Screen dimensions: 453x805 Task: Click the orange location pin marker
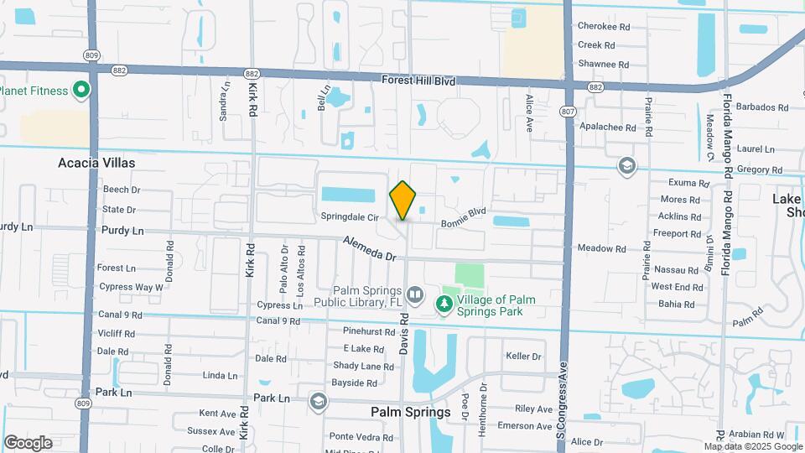click(x=402, y=200)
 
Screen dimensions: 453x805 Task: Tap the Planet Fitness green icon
click(x=81, y=90)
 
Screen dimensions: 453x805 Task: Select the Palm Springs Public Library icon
click(x=415, y=295)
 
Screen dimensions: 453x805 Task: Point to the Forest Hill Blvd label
click(x=418, y=81)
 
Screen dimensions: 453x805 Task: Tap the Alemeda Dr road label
click(x=368, y=249)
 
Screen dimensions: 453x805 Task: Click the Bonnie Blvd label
click(x=464, y=218)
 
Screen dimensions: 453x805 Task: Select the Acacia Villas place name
click(x=96, y=163)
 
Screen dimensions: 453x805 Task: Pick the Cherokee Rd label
click(x=603, y=26)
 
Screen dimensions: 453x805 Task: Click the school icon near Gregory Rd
click(x=626, y=165)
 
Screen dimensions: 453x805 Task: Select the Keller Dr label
click(x=524, y=357)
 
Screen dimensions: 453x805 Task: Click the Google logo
click(x=28, y=442)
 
